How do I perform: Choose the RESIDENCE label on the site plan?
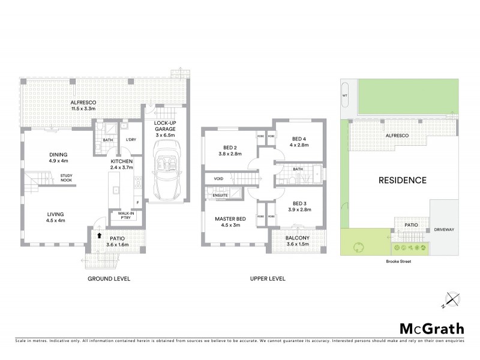(x=402, y=179)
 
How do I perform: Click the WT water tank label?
(x=345, y=95)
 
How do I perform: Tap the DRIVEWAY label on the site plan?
(x=445, y=229)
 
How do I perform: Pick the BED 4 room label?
(x=298, y=140)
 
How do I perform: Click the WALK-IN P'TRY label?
(x=127, y=215)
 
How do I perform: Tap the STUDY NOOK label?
(x=66, y=178)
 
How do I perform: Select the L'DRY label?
(x=130, y=140)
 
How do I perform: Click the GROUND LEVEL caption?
(x=109, y=278)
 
